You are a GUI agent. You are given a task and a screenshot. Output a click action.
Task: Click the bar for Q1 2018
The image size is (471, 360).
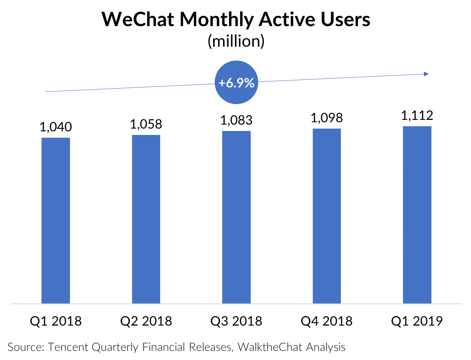(x=56, y=220)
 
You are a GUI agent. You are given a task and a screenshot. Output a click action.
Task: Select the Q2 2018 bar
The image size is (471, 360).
(x=146, y=219)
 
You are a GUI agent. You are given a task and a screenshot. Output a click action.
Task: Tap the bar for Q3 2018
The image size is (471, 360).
(x=236, y=217)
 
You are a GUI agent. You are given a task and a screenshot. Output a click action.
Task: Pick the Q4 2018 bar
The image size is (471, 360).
(x=327, y=216)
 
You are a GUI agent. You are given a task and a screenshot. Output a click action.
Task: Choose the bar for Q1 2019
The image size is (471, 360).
(x=417, y=215)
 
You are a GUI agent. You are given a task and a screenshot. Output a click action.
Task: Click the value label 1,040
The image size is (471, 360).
(x=56, y=127)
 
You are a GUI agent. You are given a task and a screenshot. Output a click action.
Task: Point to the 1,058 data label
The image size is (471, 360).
(x=146, y=124)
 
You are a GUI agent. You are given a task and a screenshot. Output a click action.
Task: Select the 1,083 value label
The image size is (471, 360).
(x=236, y=120)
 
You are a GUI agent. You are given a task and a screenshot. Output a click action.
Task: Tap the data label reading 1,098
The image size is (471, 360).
(x=327, y=118)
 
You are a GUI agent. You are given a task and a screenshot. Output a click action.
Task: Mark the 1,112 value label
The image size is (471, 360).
(x=417, y=116)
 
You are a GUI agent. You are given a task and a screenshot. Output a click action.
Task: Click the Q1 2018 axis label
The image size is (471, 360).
(x=56, y=321)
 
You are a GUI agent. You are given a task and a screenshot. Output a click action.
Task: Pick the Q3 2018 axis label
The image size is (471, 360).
(x=236, y=321)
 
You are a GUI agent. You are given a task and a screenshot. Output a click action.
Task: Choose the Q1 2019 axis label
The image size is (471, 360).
(x=417, y=321)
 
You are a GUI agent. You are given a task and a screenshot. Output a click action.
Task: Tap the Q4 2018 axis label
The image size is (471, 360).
(x=327, y=321)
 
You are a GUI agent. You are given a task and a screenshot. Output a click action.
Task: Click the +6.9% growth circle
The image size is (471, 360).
(x=236, y=83)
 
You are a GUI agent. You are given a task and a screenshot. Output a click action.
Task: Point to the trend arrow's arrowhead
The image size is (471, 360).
(x=426, y=74)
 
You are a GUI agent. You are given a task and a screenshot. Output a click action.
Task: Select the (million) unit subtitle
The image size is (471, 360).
(x=236, y=42)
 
